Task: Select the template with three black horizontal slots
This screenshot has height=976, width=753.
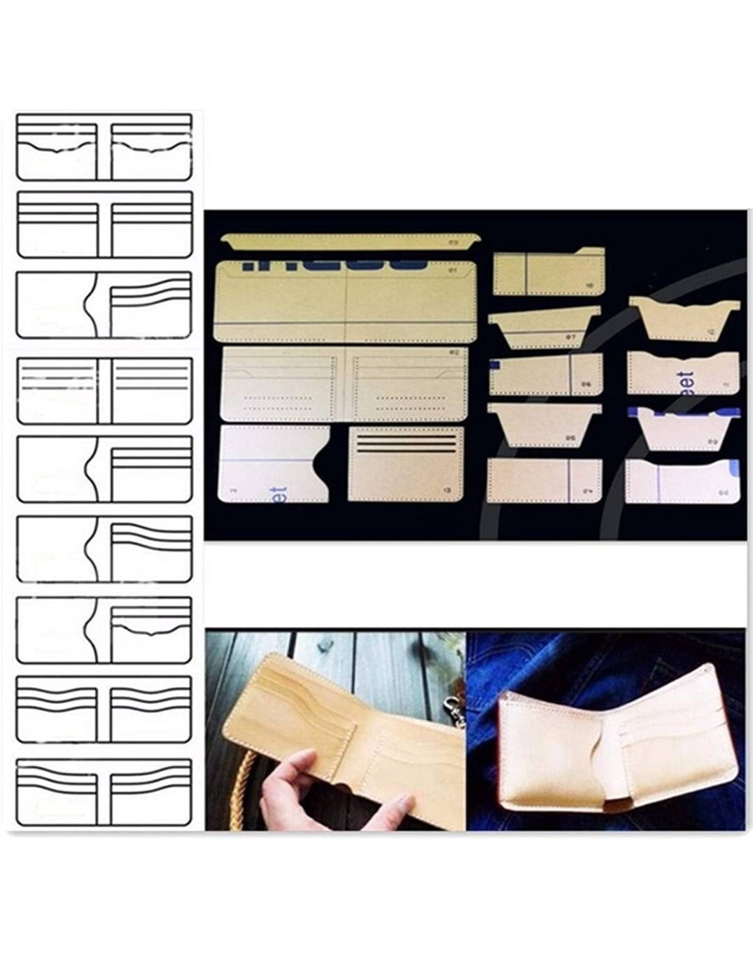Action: [x=406, y=464]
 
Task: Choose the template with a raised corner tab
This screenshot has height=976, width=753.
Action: [x=547, y=271]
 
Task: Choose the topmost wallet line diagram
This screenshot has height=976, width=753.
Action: [x=104, y=147]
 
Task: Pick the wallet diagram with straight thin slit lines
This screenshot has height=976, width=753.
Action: [x=104, y=390]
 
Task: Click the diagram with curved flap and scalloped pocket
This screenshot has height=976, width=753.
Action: [x=104, y=630]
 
